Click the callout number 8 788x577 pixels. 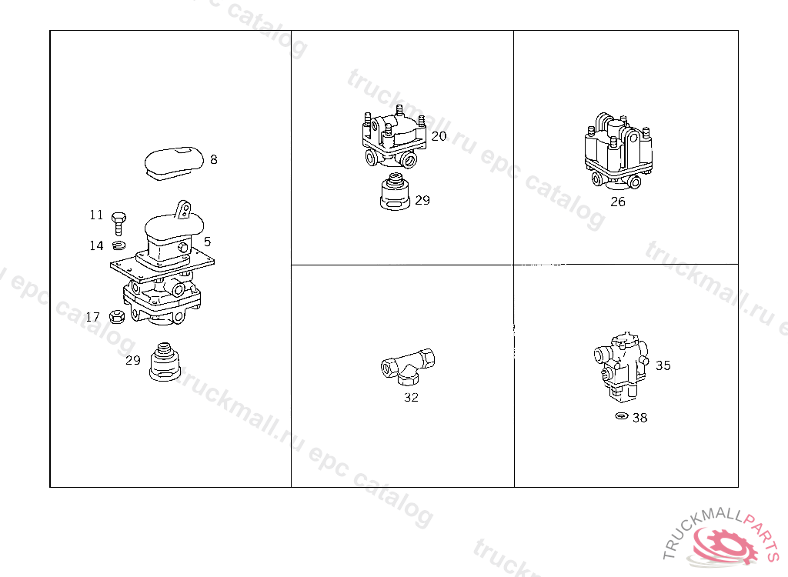pos(214,159)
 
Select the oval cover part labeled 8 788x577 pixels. pos(174,163)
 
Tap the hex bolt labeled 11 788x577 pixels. pos(118,223)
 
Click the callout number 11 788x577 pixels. pos(96,215)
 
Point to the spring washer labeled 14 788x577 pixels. pos(119,245)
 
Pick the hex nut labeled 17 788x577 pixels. pos(117,317)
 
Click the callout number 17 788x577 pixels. pos(92,317)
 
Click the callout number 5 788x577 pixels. pos(207,242)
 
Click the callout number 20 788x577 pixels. pos(439,136)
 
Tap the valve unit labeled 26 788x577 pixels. pos(619,152)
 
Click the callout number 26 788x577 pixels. pos(618,202)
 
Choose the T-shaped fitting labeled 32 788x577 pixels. pos(408,367)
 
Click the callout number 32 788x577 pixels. pos(411,397)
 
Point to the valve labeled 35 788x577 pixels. pos(621,367)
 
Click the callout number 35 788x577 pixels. pos(663,365)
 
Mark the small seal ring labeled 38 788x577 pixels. pos(622,416)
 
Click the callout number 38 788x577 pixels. pos(639,418)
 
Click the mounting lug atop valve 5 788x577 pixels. pos(183,209)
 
